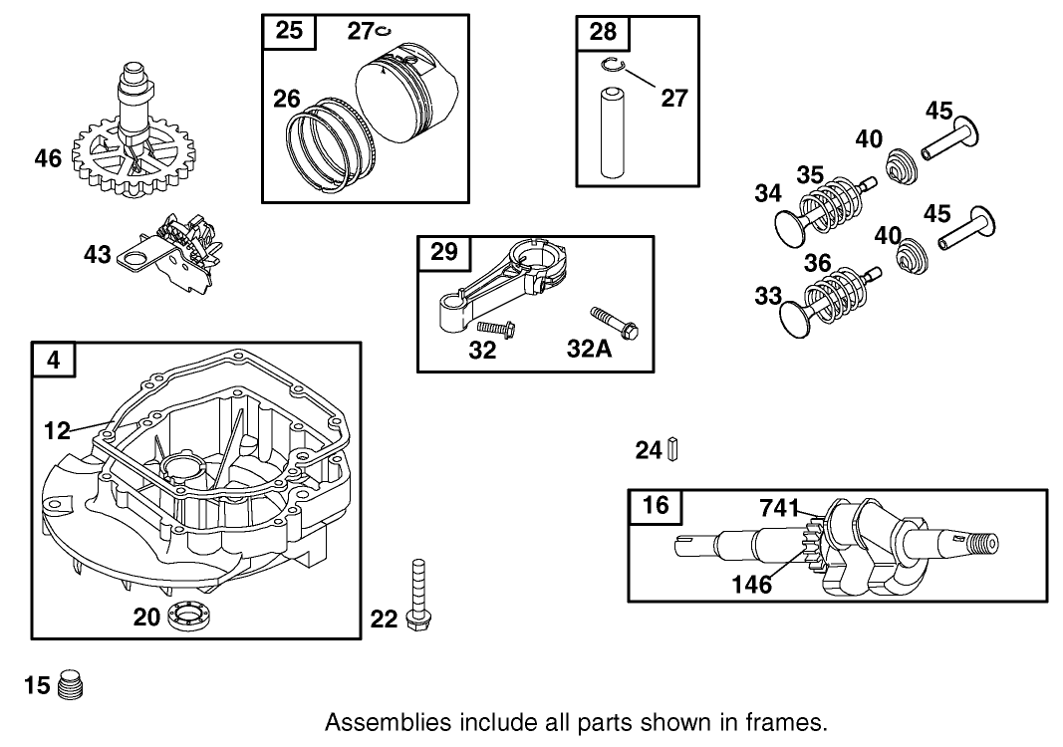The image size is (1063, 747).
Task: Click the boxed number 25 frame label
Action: click(x=288, y=31)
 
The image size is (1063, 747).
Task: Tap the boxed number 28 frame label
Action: click(x=603, y=31)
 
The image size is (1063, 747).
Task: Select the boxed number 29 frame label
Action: click(x=443, y=252)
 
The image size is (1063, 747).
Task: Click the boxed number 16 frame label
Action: click(x=655, y=505)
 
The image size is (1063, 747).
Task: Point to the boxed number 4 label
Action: click(x=54, y=360)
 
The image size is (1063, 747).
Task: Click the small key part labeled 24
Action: click(x=673, y=450)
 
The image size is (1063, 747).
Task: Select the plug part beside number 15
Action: click(x=70, y=685)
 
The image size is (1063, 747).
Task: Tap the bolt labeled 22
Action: click(x=415, y=596)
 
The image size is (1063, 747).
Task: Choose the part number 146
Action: click(x=751, y=585)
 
